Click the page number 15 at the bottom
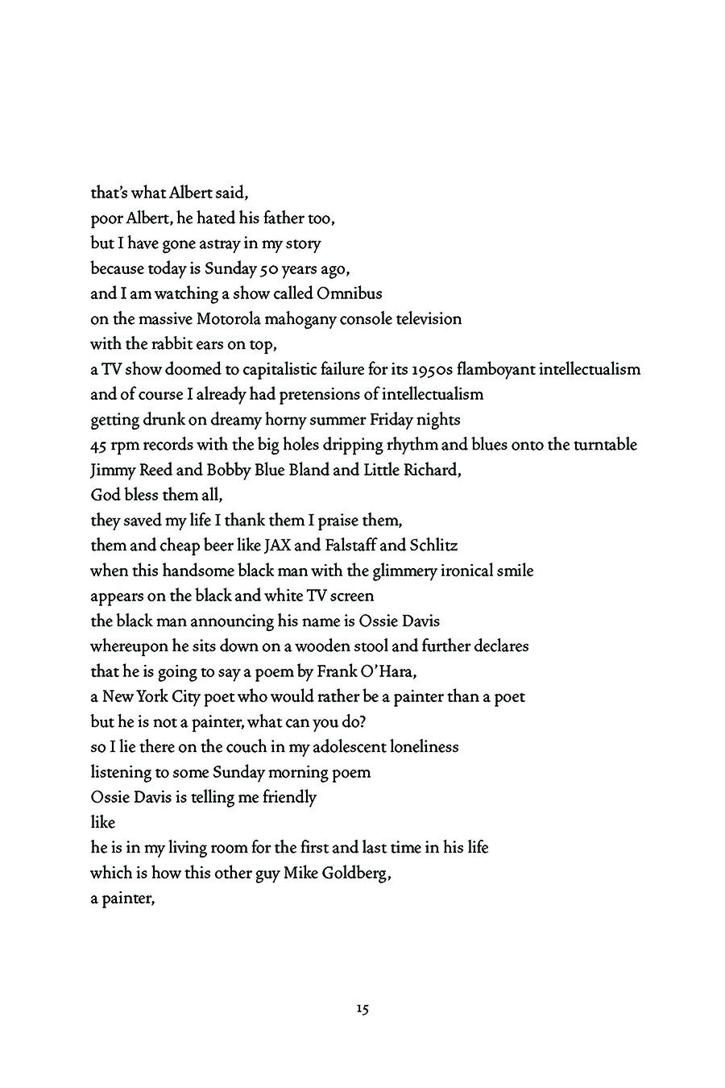pyautogui.click(x=362, y=1008)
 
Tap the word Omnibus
pyautogui.click(x=350, y=293)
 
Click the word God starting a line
pyautogui.click(x=106, y=495)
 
